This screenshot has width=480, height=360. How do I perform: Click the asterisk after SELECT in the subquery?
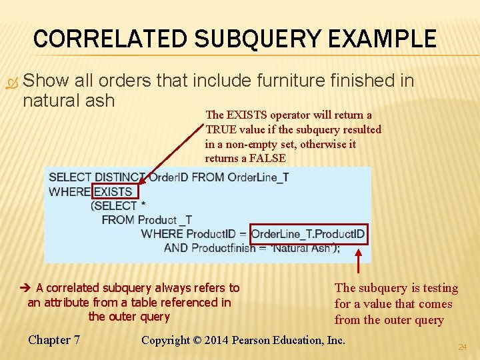coord(143,206)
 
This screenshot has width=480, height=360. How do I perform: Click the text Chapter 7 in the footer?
coord(54,340)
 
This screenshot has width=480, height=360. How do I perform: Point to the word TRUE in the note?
coord(221,129)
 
